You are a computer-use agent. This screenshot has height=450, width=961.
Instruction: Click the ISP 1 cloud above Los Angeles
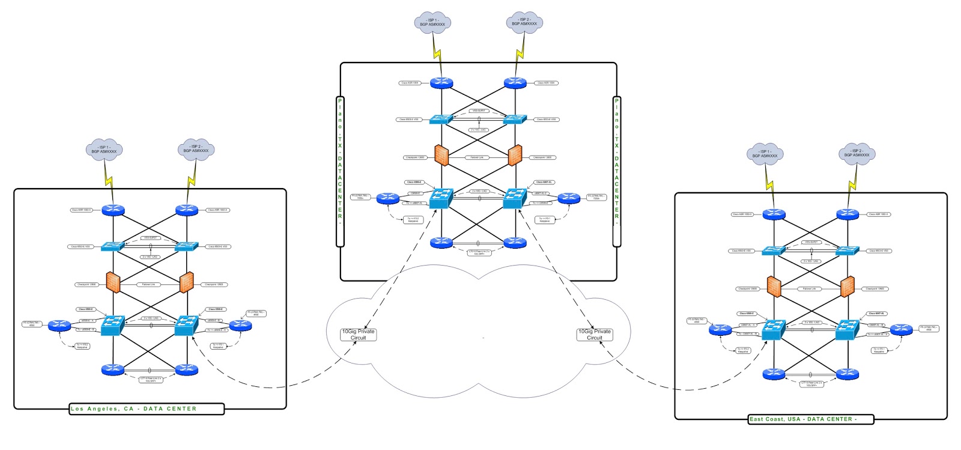pos(104,150)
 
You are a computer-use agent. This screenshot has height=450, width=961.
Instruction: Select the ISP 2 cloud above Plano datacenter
pos(524,22)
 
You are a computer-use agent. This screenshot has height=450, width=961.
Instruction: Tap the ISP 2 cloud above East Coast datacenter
pos(856,153)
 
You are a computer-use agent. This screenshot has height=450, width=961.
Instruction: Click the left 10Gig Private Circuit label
pos(358,335)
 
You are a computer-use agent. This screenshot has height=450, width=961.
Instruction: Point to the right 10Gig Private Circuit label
pos(594,335)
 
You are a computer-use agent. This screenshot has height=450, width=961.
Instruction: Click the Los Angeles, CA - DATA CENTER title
pos(133,409)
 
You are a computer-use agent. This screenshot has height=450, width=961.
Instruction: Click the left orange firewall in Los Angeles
pos(114,281)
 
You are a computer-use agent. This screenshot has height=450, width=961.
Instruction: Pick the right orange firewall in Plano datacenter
pos(515,155)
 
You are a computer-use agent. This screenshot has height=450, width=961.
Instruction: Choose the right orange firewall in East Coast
pos(847,287)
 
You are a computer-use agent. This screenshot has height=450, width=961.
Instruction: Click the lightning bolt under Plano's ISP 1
pos(437,46)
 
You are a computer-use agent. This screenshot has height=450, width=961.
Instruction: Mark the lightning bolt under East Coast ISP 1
pos(769,181)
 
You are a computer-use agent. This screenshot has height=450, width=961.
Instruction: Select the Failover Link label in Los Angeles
pos(148,285)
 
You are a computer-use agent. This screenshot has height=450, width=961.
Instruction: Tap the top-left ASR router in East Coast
pos(774,214)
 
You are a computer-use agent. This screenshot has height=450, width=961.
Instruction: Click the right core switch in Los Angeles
pos(186,325)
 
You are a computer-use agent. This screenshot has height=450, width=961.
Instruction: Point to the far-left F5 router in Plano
pos(388,199)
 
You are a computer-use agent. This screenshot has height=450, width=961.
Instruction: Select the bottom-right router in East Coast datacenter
pos(847,374)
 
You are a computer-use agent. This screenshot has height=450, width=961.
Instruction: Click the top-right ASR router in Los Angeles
pos(186,210)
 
